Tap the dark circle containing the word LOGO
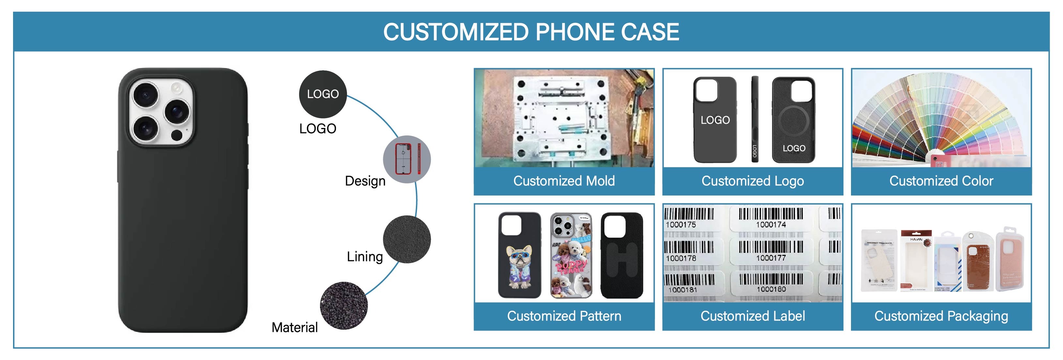point(323,94)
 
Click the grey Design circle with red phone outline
point(406,159)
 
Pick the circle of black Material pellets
point(344,305)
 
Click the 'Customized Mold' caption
point(564,181)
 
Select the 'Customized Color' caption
point(941,181)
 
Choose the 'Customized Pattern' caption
point(564,316)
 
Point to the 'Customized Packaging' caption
point(941,316)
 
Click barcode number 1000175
point(681,225)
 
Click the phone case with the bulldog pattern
point(520,255)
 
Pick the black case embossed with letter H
point(621,255)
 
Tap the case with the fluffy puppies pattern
point(571,255)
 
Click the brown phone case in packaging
point(976,262)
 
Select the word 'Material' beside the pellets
point(295,327)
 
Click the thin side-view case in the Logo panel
point(755,119)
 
